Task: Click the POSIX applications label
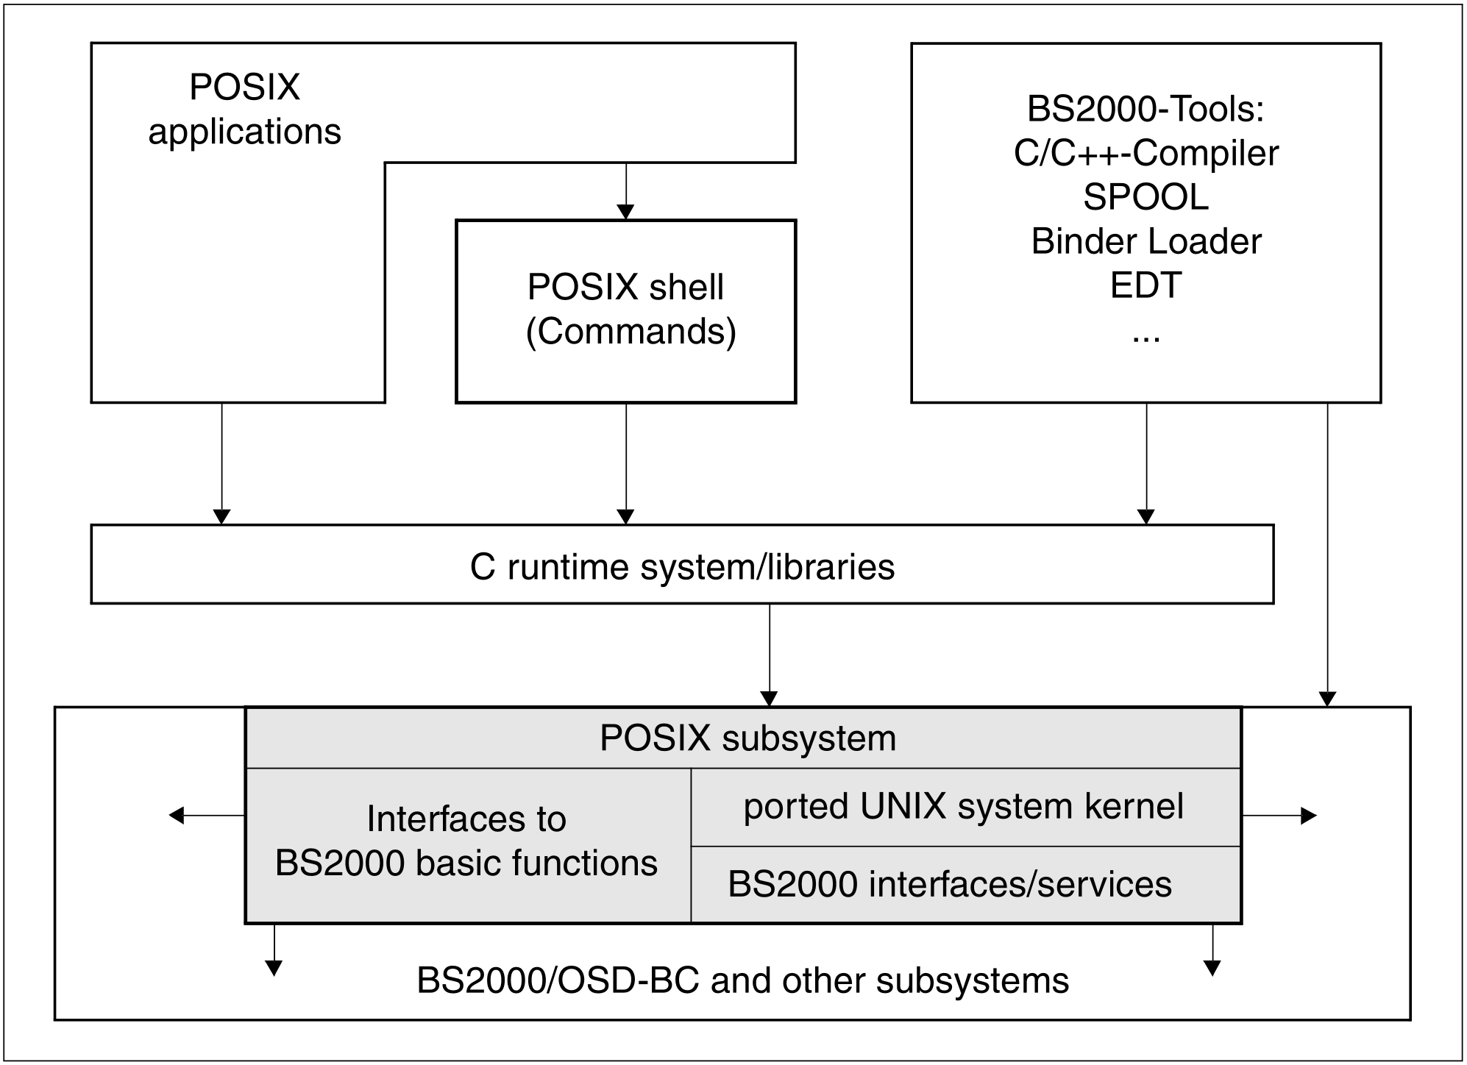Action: [x=244, y=109]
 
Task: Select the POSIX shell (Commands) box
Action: [x=626, y=310]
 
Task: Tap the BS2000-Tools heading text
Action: [x=1145, y=109]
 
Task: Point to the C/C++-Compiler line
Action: [x=1145, y=153]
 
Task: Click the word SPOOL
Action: [x=1145, y=197]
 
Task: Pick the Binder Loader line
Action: [x=1145, y=241]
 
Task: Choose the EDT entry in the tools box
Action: [x=1145, y=285]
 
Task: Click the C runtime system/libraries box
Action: [x=682, y=565]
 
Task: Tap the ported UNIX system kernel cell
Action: [x=964, y=806]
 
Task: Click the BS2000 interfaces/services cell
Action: [x=949, y=884]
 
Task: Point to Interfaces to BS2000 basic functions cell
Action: [x=466, y=841]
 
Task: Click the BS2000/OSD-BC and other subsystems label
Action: [x=742, y=981]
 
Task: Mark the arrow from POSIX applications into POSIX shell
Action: [x=626, y=191]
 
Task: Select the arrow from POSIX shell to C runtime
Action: [x=626, y=463]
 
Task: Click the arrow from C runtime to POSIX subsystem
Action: [x=770, y=655]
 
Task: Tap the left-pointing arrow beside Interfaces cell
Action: [x=206, y=815]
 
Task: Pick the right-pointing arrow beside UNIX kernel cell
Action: [x=1280, y=815]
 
